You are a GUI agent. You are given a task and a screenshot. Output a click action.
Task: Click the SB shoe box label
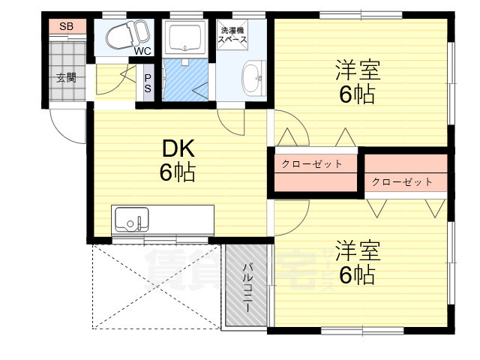(65, 27)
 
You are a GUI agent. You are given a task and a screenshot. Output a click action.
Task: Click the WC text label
(142, 52)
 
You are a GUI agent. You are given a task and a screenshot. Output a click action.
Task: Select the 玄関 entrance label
(65, 77)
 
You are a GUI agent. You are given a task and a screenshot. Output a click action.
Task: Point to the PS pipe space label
(148, 82)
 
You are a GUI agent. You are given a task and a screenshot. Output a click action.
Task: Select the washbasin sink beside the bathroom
(252, 76)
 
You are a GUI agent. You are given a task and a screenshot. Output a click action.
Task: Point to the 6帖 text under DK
(177, 172)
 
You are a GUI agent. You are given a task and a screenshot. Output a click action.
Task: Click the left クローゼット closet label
(312, 163)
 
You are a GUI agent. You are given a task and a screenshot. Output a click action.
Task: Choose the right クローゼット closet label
(402, 181)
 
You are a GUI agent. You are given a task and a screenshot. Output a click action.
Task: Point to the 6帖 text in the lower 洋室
(357, 275)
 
